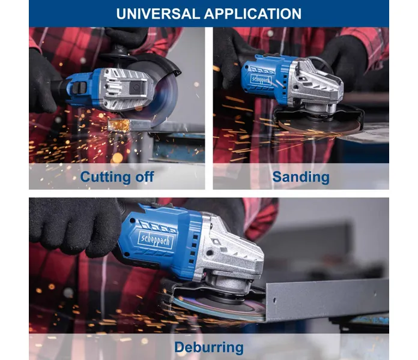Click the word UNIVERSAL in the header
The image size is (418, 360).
158,14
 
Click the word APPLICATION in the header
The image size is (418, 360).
253,14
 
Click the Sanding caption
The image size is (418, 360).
301,177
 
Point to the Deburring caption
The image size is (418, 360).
209,347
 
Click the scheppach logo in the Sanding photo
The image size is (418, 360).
261,80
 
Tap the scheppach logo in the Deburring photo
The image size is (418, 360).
156,239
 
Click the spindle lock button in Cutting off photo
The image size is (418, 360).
137,88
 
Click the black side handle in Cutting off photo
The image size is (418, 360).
117,55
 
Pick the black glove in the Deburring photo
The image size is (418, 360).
74,226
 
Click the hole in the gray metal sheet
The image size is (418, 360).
274,301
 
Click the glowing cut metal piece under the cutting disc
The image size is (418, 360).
119,125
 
